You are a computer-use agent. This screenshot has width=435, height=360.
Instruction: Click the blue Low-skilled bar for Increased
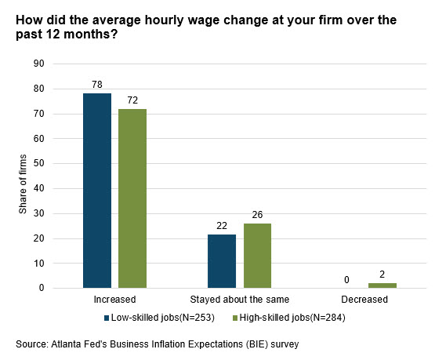tap(97, 191)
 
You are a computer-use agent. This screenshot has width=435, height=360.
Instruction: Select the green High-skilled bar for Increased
tap(132, 198)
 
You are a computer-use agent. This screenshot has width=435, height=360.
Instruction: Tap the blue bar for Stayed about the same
tap(222, 261)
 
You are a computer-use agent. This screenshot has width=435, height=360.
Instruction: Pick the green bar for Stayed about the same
tap(257, 256)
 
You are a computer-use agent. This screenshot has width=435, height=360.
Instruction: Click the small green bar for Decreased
tap(382, 285)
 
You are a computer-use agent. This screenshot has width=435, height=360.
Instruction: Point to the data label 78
tap(97, 85)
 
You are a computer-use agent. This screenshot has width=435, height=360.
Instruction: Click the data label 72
tap(132, 100)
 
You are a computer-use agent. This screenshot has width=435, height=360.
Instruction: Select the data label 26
tap(257, 215)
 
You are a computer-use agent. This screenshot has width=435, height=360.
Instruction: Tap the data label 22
tap(222, 226)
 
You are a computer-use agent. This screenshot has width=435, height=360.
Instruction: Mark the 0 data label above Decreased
tap(346, 280)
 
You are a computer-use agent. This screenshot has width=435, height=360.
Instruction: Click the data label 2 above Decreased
tap(382, 275)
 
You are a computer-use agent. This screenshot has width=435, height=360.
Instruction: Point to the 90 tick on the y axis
tap(39, 64)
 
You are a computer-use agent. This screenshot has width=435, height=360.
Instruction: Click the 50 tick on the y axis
tap(39, 163)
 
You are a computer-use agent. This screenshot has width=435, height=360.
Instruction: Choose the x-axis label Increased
tap(114, 299)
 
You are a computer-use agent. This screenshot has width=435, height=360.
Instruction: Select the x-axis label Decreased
tap(364, 299)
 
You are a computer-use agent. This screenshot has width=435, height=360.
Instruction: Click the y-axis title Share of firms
tap(23, 184)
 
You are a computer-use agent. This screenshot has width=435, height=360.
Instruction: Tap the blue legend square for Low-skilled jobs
tap(107, 318)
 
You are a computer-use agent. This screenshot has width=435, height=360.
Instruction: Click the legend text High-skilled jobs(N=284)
tap(292, 318)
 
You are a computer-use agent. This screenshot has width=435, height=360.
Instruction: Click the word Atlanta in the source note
tap(63, 344)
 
